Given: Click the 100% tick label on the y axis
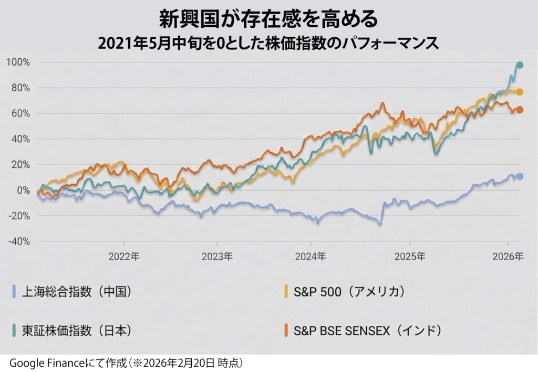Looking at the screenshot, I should [x=18, y=62].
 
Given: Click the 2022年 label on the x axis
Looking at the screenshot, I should [x=124, y=257].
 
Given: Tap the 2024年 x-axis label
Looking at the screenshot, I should [x=311, y=257].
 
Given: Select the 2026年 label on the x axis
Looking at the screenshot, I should [x=508, y=257].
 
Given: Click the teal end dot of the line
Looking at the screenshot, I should [x=520, y=65].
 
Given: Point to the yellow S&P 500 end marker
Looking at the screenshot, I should [x=520, y=92].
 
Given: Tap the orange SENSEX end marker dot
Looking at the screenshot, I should [x=520, y=110].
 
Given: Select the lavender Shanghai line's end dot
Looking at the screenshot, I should [x=520, y=176].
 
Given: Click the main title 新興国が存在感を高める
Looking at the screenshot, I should [x=268, y=19].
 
